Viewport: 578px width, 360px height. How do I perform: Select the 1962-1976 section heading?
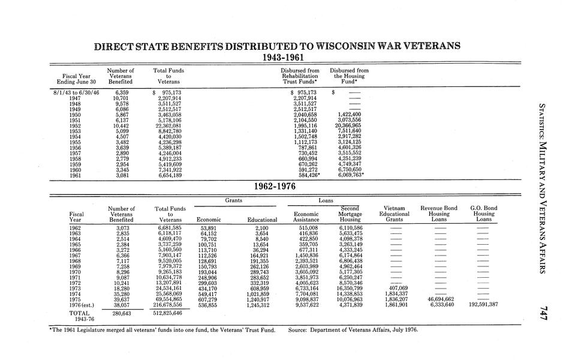tap(276, 187)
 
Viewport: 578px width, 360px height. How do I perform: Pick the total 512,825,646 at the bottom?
tap(167, 313)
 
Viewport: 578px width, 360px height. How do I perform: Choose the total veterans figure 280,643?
tap(118, 313)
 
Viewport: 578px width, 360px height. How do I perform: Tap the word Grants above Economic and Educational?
tap(234, 200)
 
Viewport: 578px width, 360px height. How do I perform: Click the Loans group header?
tap(326, 200)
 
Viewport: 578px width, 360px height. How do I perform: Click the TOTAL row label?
tap(79, 313)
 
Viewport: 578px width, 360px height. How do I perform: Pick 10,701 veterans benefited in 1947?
tap(118, 97)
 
